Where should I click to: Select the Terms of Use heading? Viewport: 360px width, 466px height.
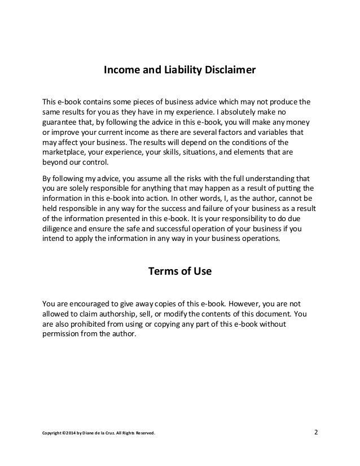click(x=179, y=271)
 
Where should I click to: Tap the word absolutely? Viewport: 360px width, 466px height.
click(x=247, y=112)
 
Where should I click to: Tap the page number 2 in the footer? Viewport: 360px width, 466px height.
click(x=316, y=433)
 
